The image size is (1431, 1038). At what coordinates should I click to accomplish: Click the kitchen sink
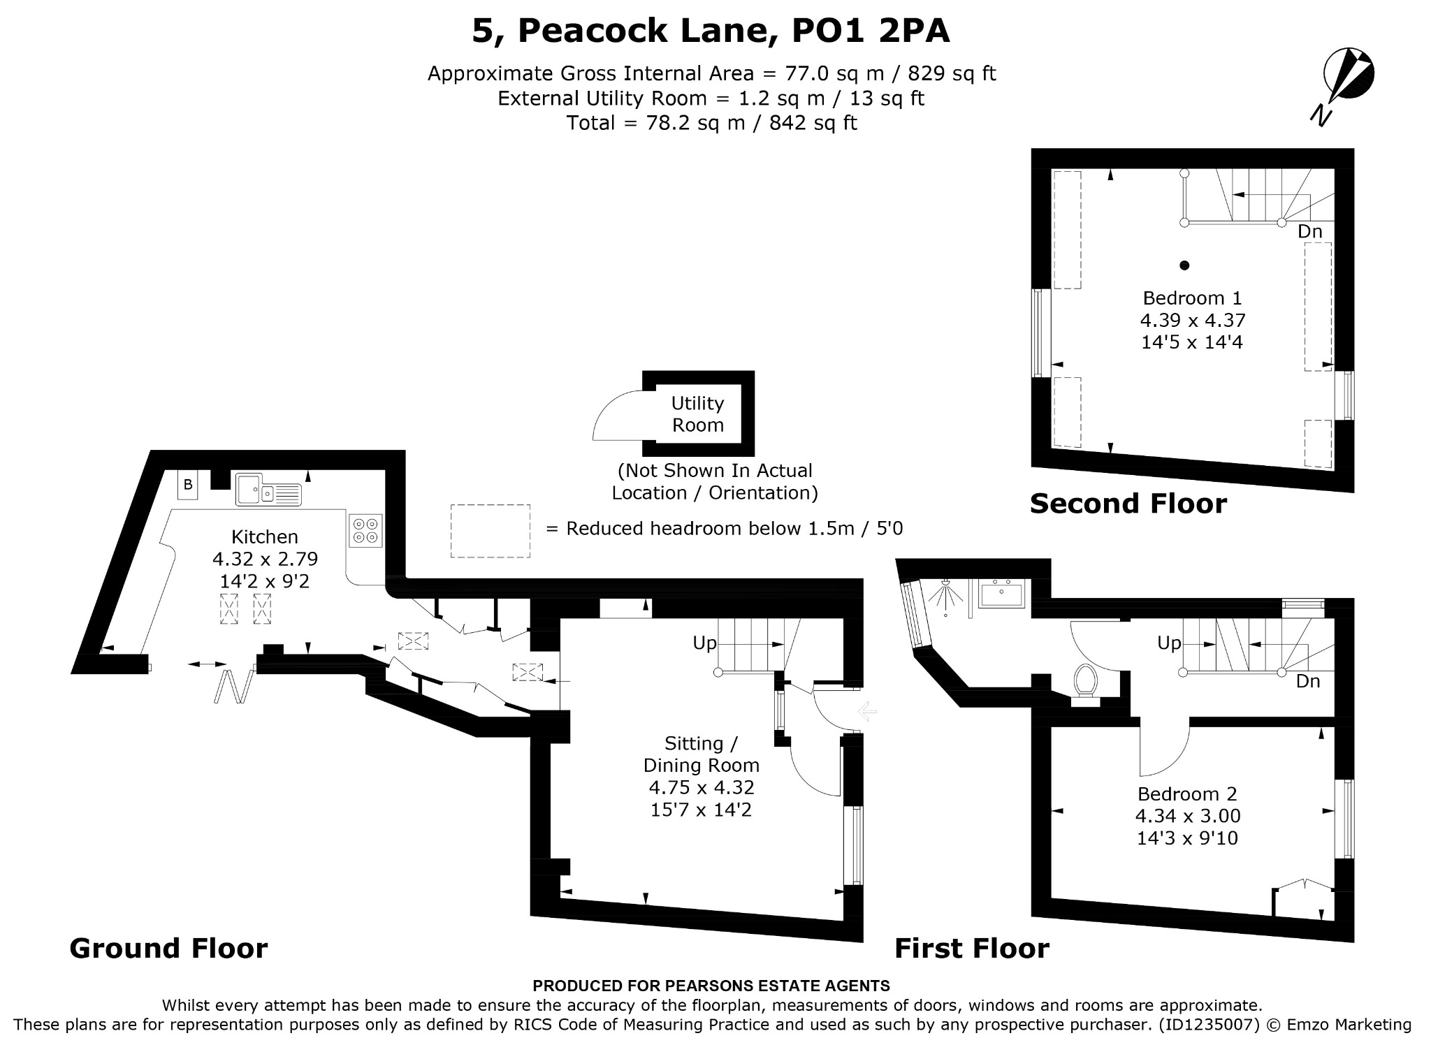coord(268,489)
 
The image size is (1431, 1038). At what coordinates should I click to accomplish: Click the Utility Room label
coord(697,414)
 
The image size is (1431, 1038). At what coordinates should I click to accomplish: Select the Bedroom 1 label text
coord(1192,298)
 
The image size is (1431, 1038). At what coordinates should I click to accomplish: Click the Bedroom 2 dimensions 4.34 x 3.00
coord(1188,815)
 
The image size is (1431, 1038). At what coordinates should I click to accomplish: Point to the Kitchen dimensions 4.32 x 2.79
coord(265,559)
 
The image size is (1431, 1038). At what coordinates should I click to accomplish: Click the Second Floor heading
coord(1128,504)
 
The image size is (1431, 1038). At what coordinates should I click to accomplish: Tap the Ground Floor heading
coord(168,949)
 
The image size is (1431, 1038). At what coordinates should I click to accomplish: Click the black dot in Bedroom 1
coord(1184,265)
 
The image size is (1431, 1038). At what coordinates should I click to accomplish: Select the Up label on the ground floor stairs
coord(705,643)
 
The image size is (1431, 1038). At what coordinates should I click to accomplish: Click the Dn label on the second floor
coord(1310,231)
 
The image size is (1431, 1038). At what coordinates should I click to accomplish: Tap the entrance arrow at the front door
coord(866,712)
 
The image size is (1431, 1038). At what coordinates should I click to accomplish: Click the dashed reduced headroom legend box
coord(490,531)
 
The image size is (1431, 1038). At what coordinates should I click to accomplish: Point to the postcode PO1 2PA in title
coord(871,31)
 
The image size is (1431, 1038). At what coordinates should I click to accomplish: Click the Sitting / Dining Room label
coord(701,754)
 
